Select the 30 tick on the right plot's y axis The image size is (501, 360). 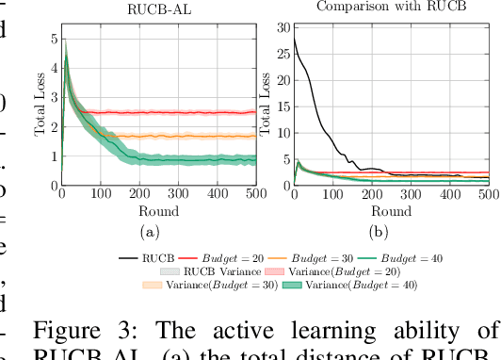tap(283, 28)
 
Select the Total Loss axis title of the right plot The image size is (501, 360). tap(272, 106)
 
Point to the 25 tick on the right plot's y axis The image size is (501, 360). tap(283, 55)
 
